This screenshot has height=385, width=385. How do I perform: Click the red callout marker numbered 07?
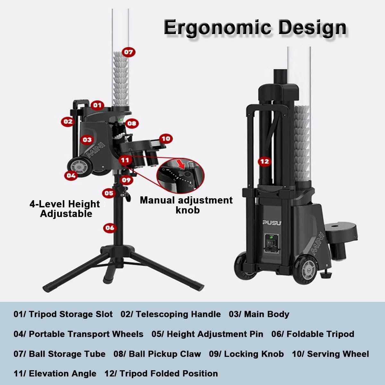click(x=128, y=52)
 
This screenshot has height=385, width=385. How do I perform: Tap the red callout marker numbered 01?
click(x=97, y=105)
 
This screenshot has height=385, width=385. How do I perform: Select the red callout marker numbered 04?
click(x=71, y=175)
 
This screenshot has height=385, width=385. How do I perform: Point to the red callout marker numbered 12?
click(x=264, y=161)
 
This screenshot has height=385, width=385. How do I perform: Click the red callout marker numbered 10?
click(x=166, y=139)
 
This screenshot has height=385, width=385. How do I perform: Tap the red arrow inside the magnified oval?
click(x=182, y=164)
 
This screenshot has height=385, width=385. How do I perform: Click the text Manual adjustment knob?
click(x=186, y=205)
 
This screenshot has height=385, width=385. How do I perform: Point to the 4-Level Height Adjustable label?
click(x=65, y=209)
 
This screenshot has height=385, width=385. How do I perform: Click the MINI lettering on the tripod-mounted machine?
click(x=96, y=150)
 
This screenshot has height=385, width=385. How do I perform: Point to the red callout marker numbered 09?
click(x=126, y=180)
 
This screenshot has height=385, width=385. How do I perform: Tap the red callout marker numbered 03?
click(x=87, y=140)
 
